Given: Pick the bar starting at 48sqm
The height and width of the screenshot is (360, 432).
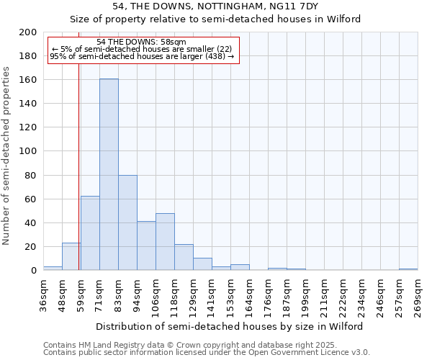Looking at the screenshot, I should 71,256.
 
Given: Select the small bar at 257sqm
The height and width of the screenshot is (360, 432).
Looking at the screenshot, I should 408,269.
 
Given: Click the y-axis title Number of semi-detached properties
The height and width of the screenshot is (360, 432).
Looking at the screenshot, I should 6,155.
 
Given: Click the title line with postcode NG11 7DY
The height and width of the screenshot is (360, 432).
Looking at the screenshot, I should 215,6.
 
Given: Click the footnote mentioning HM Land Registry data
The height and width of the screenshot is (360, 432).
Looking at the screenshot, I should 200,345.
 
